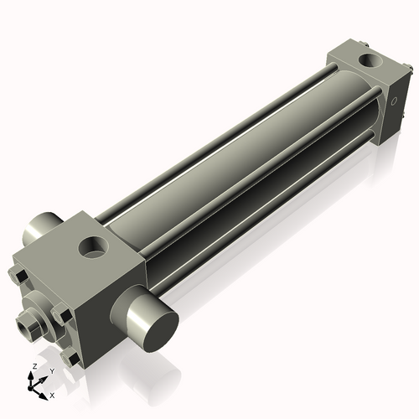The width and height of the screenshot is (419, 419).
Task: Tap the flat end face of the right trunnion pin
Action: [x=153, y=323]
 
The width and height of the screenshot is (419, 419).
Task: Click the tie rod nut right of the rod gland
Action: [x=61, y=315]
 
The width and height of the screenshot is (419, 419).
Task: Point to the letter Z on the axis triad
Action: [x=33, y=367]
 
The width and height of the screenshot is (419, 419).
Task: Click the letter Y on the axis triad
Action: [x=52, y=370]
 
